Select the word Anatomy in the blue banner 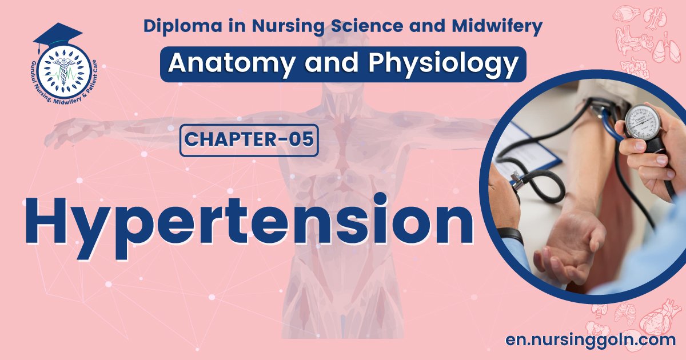pos(221,63)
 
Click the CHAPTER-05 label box pos(249,141)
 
